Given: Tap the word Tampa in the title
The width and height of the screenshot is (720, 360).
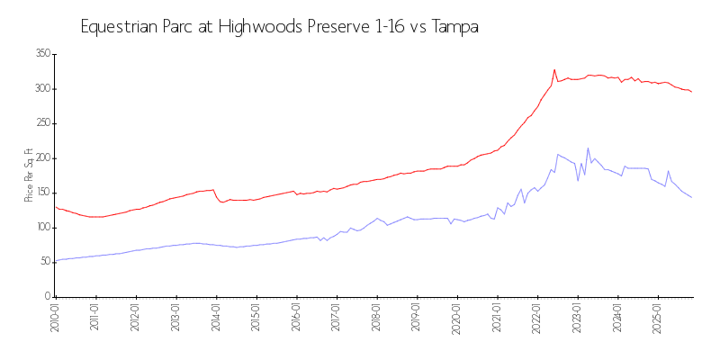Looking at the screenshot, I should point(455,27).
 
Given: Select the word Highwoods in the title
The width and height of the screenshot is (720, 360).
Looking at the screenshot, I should point(247,27).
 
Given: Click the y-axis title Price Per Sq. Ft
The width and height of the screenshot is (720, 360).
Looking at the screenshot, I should point(29,175).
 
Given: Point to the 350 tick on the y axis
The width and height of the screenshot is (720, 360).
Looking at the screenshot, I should point(41,54).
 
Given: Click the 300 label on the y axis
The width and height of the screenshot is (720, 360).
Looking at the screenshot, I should point(41,89).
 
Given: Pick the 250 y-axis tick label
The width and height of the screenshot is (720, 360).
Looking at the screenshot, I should point(41,123).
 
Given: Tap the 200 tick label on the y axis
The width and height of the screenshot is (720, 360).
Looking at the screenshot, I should point(41,158).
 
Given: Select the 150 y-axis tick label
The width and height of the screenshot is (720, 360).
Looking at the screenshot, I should point(41,193).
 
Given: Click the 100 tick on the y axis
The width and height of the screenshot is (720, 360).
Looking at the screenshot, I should point(41,228).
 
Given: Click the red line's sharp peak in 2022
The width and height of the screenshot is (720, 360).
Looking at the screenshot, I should point(554,69).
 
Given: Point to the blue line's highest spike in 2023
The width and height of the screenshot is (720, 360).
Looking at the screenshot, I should point(588,148).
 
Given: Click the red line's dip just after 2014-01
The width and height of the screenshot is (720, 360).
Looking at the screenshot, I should point(222,202).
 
